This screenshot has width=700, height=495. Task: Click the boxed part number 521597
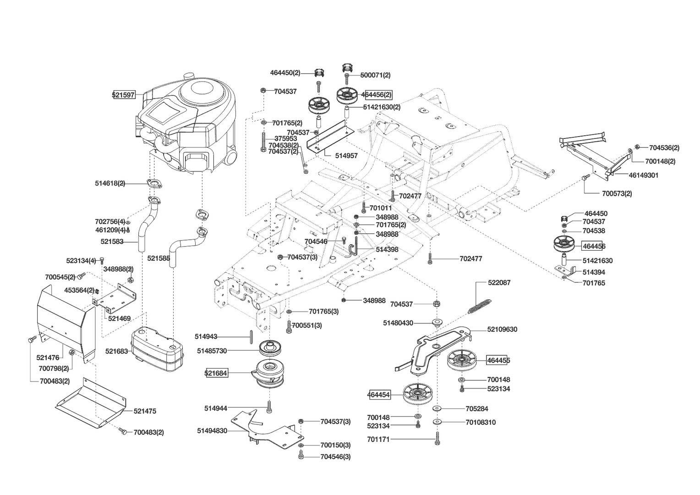click(x=124, y=95)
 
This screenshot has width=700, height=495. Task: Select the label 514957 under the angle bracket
click(x=346, y=156)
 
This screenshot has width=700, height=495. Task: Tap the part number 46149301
click(x=644, y=175)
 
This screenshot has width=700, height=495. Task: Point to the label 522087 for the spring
click(x=499, y=283)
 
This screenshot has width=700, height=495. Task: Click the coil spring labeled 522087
click(x=480, y=306)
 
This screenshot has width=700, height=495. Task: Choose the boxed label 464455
click(x=498, y=361)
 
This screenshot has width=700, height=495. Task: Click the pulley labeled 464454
click(x=417, y=395)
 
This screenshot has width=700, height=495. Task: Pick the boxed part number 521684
click(x=216, y=373)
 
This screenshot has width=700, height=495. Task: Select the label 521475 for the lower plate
click(x=145, y=411)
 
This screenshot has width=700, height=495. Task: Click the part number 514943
click(x=206, y=336)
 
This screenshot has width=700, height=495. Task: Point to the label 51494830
click(x=212, y=431)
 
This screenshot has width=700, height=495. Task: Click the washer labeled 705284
click(x=437, y=409)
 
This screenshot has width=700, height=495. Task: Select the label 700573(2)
click(x=617, y=193)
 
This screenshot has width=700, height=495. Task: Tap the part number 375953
click(x=285, y=138)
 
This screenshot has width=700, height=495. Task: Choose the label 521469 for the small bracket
click(x=120, y=319)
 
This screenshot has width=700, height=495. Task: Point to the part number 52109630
click(x=502, y=329)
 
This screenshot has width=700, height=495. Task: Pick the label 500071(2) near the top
click(x=375, y=75)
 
